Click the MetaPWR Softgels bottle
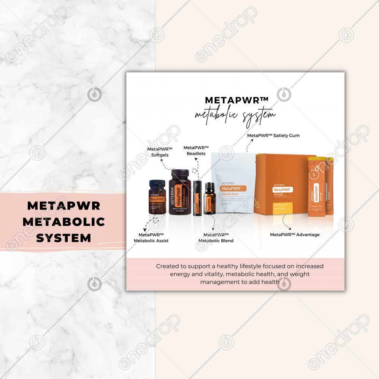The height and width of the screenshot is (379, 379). point(179,195)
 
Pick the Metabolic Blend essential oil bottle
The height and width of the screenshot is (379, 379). point(210,200)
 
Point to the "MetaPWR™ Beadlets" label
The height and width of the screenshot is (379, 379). point(196,150)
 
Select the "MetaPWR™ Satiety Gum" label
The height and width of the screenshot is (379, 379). point(273,135)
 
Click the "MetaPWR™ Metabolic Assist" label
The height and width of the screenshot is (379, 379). point(151,238)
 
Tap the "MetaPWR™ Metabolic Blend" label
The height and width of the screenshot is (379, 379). point(216,238)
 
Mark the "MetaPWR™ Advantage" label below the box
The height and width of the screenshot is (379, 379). point(294,235)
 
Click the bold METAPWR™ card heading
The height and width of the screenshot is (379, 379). point(236,100)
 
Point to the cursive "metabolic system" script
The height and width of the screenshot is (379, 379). point(235,114)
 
